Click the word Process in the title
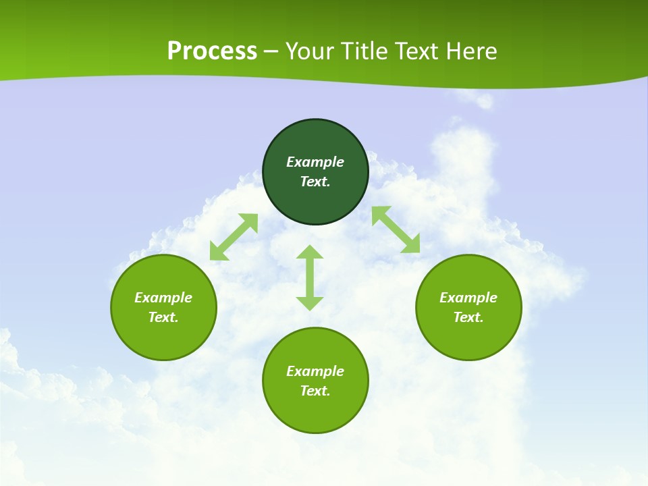tap(212, 51)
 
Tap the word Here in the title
tap(471, 51)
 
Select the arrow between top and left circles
tap(234, 237)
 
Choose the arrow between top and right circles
tap(396, 230)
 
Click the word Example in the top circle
tap(315, 162)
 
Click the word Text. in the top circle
tap(315, 182)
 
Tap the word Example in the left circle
tap(163, 298)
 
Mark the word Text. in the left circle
tap(163, 317)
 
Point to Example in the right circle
tap(468, 298)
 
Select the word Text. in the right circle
tap(468, 317)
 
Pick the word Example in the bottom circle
tap(315, 371)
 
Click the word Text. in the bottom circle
tap(315, 391)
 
